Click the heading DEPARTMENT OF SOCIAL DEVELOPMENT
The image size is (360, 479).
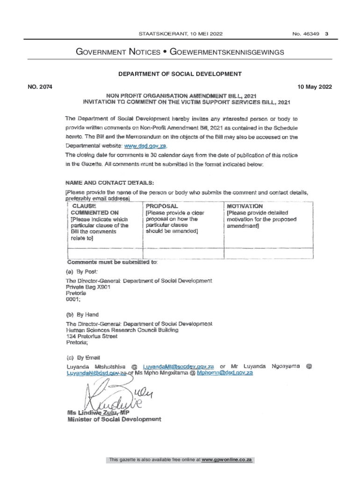(180, 73)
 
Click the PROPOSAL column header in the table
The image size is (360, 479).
(162, 206)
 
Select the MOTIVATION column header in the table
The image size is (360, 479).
(245, 206)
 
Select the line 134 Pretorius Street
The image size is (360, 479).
(92, 336)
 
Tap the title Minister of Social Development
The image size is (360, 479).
(114, 420)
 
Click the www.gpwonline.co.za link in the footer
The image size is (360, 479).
(227, 460)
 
